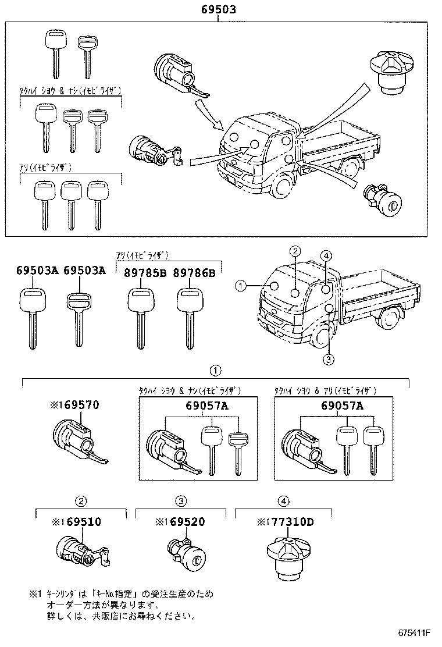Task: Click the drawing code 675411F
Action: click(414, 632)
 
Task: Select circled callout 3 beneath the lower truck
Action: click(329, 359)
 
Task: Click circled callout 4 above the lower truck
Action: click(326, 256)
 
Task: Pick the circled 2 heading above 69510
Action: click(82, 500)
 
